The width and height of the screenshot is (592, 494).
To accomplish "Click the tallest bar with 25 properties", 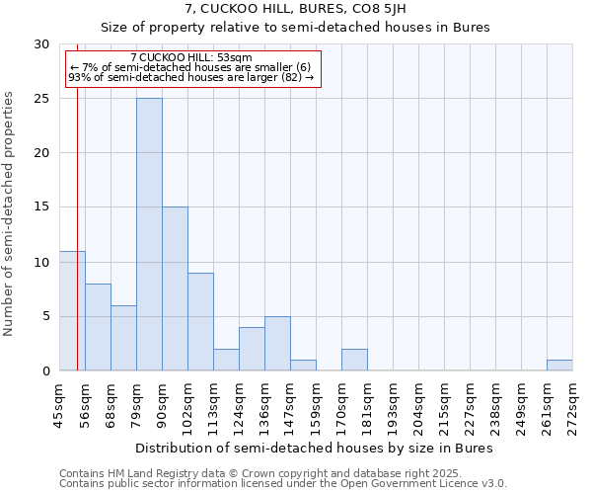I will click(x=149, y=234).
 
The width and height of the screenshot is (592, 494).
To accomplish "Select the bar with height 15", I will click(x=175, y=288).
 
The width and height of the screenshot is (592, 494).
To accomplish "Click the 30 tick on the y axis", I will click(x=41, y=44).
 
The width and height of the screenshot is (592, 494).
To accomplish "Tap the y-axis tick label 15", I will click(x=41, y=207).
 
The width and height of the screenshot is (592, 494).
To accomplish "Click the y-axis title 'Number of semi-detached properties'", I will click(x=10, y=213).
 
